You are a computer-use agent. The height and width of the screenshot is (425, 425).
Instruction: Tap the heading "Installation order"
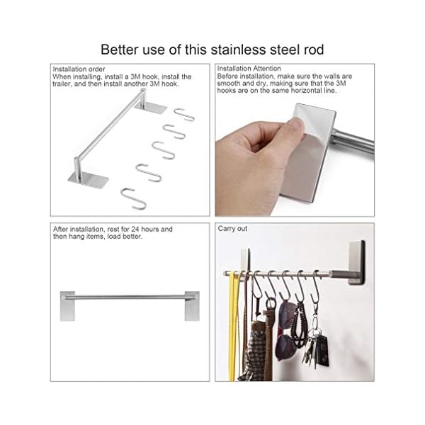pyautogui.click(x=79, y=69)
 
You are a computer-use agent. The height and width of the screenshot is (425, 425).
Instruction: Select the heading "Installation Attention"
pyautogui.click(x=249, y=69)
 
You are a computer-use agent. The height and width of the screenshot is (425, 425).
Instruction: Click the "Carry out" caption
pyautogui.click(x=232, y=229)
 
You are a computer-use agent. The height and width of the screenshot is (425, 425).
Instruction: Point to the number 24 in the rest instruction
pyautogui.click(x=135, y=229)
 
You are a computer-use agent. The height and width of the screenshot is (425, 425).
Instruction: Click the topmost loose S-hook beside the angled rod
pyautogui.click(x=184, y=114)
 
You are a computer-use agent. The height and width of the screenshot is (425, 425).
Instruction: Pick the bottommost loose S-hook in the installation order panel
pyautogui.click(x=133, y=198)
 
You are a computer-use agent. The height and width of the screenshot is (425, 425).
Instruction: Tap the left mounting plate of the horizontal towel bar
pyautogui.click(x=67, y=306)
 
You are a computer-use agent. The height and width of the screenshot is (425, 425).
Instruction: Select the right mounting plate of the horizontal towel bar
pyautogui.click(x=192, y=306)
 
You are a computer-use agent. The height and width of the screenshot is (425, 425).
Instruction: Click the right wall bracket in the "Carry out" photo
pyautogui.click(x=356, y=262)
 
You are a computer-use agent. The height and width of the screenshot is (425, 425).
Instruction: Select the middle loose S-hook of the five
pyautogui.click(x=163, y=150)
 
